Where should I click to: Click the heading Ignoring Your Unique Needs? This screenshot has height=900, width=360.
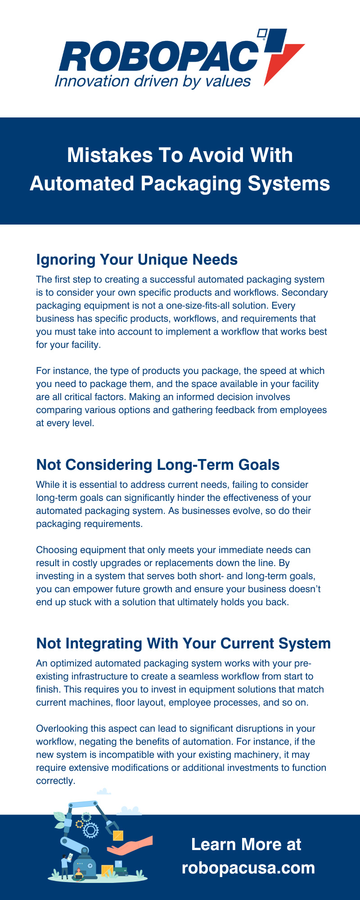coord(137,260)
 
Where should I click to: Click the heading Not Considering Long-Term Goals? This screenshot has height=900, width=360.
coord(158,465)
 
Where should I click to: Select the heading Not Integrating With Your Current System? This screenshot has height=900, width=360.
coord(184,643)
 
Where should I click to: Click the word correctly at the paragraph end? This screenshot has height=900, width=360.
coord(55,781)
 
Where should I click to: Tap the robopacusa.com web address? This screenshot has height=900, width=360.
coord(248,868)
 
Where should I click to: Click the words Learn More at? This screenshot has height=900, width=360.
coord(246,844)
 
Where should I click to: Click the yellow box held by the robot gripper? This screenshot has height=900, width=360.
coord(118,836)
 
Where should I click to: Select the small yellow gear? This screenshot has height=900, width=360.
coord(80,824)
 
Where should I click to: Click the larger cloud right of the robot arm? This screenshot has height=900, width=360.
coord(130,810)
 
